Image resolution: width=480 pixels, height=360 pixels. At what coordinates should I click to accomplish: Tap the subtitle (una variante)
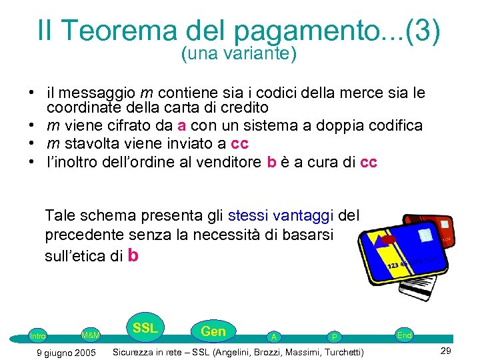point(239,55)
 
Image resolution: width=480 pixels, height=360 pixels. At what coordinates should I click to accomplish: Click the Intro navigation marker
point(37,336)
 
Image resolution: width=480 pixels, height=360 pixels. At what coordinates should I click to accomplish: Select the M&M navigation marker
point(91,335)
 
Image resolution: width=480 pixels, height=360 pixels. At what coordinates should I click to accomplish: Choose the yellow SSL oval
point(145,328)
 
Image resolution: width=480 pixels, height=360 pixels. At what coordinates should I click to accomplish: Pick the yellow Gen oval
point(213,331)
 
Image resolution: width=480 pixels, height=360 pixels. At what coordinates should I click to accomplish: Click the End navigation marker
point(404,335)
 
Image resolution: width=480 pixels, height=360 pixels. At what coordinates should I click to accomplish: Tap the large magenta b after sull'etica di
point(133,255)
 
